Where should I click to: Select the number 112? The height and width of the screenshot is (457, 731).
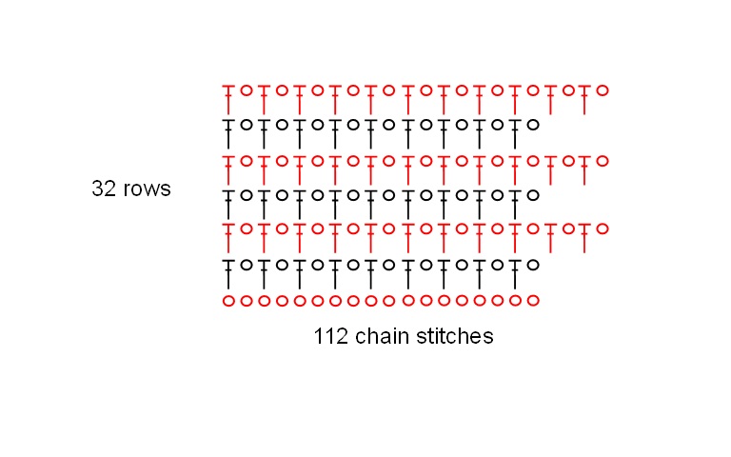[329, 336]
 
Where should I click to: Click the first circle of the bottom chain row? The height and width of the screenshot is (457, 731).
[228, 301]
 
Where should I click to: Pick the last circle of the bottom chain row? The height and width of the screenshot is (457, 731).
[533, 301]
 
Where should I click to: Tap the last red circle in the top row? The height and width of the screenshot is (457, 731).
[602, 90]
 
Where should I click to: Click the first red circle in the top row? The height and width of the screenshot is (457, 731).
[247, 90]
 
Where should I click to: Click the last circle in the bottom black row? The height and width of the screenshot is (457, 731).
[533, 265]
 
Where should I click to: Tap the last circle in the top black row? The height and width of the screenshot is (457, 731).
[533, 125]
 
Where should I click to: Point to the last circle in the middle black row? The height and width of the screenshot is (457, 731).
[533, 195]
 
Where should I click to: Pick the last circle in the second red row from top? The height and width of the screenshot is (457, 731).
[602, 160]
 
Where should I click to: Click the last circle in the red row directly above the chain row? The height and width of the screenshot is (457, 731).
[602, 228]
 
